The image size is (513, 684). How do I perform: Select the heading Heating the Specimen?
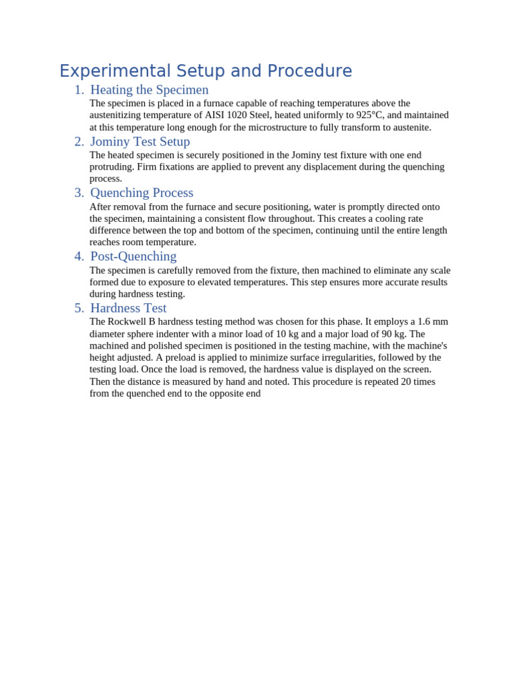[x=149, y=90]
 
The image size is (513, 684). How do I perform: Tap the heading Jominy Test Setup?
[x=140, y=142]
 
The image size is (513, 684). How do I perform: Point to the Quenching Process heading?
[x=142, y=193]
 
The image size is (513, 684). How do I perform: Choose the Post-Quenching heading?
[x=133, y=256]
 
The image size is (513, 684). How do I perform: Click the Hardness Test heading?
[x=128, y=309]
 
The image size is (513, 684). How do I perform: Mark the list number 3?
[x=79, y=193]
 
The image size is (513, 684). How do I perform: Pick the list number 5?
[x=79, y=309]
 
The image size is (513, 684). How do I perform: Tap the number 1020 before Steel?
[x=236, y=115]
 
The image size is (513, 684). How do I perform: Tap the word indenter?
[x=177, y=334]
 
